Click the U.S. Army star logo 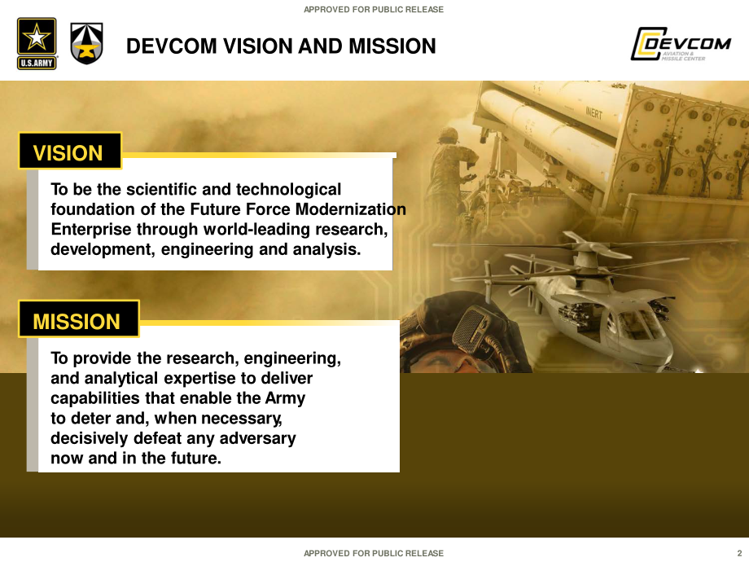[37, 43]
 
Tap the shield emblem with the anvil [86, 43]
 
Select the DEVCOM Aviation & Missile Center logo [681, 44]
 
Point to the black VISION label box [70, 151]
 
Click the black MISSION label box [79, 318]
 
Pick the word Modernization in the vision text [351, 209]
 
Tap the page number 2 [740, 553]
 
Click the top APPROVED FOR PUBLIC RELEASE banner [374, 10]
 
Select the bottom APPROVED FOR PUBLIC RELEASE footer [374, 553]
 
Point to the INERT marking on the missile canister [594, 113]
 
